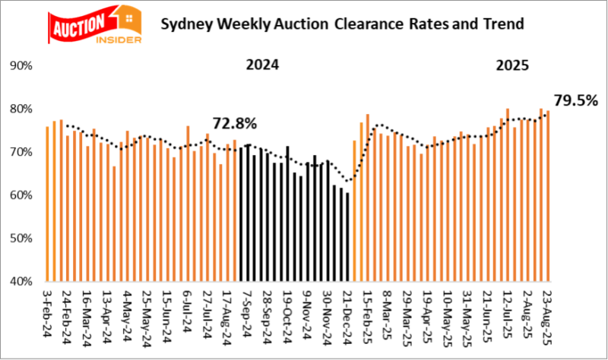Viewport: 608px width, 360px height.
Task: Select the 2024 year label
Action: click(x=262, y=65)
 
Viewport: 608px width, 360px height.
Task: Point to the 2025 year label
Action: click(x=513, y=65)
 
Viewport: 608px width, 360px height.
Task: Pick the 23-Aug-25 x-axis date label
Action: click(x=547, y=313)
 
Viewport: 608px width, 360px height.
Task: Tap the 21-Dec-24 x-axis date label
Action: click(x=347, y=313)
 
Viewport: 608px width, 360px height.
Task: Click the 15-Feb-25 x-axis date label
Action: click(x=367, y=313)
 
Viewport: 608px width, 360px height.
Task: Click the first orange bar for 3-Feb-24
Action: click(x=47, y=204)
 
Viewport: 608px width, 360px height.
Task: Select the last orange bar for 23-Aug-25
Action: click(x=547, y=196)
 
